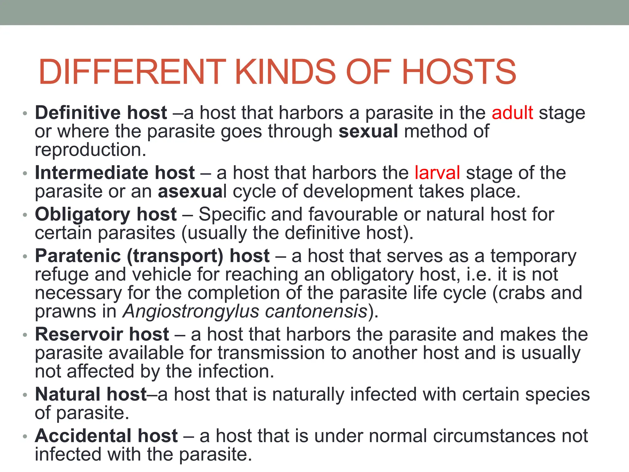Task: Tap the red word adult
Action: [x=512, y=113]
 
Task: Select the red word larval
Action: [x=437, y=173]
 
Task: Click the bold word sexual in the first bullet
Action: [x=368, y=131]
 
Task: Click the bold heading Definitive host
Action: [x=101, y=113]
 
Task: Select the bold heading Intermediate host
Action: [x=115, y=173]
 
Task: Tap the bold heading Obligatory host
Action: [x=106, y=214]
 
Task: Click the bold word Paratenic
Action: [x=78, y=256]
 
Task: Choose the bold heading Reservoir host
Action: [x=102, y=334]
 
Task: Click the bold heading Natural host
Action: [x=91, y=394]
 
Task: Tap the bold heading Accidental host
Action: [x=106, y=436]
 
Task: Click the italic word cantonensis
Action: [x=316, y=312]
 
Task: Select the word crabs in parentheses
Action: [x=522, y=293]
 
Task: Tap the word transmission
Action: [x=271, y=353]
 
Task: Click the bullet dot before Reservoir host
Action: [x=25, y=335]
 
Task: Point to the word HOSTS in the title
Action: [x=459, y=72]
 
